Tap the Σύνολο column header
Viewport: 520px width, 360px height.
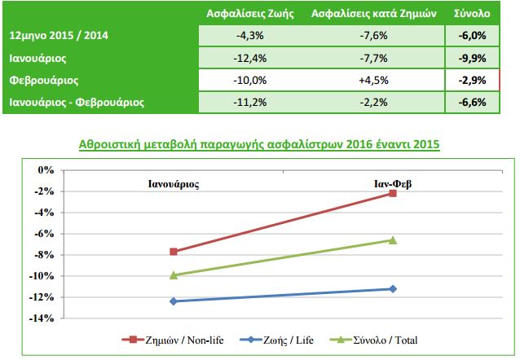pyautogui.click(x=472, y=15)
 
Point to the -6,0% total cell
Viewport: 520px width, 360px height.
pyautogui.click(x=472, y=37)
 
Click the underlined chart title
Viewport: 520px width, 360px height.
pyautogui.click(x=258, y=145)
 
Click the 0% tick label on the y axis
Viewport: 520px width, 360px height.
pyautogui.click(x=46, y=170)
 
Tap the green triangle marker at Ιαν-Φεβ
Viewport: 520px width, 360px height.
pyautogui.click(x=393, y=239)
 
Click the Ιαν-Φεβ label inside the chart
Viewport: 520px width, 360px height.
pyautogui.click(x=393, y=183)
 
